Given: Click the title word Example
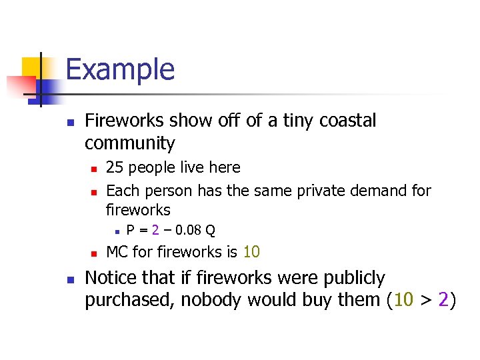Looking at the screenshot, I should coord(120,69).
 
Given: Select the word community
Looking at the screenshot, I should coord(129,143).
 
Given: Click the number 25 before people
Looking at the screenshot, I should coord(115,167).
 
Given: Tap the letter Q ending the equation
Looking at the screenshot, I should coord(210,231).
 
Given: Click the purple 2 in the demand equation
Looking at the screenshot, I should coord(155,231).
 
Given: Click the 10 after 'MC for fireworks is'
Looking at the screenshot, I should coord(251,252).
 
